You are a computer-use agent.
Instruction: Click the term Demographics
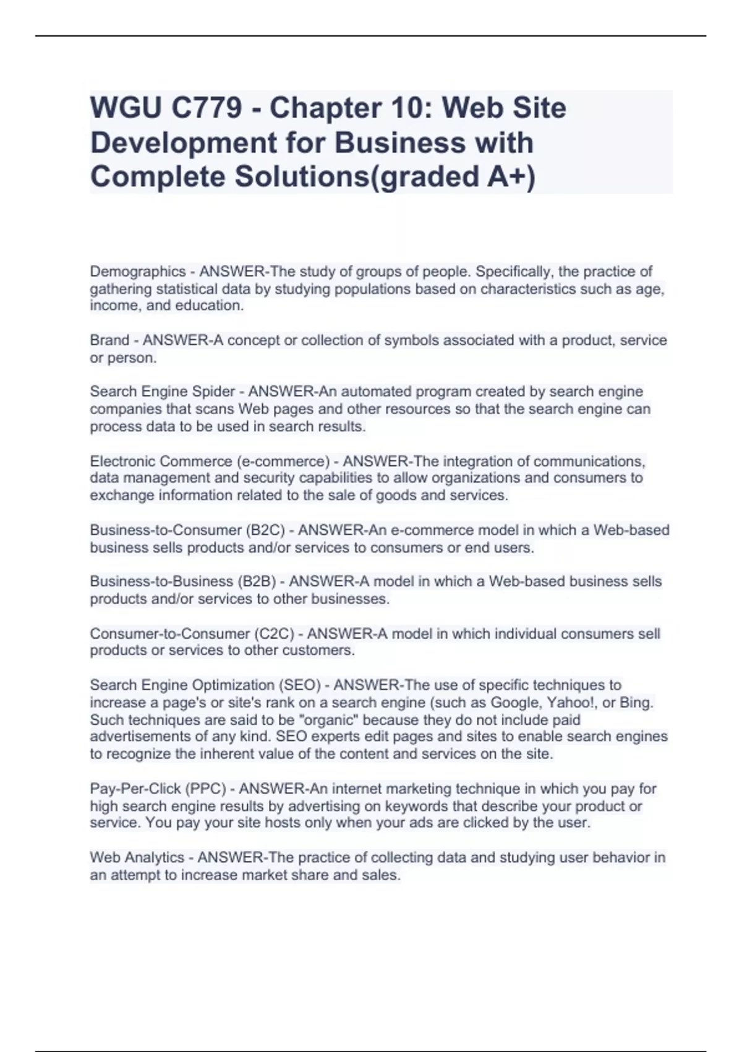(x=138, y=272)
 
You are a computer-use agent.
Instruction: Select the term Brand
(x=109, y=340)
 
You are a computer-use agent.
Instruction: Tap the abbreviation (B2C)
(x=265, y=530)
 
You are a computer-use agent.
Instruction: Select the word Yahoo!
(x=571, y=703)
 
